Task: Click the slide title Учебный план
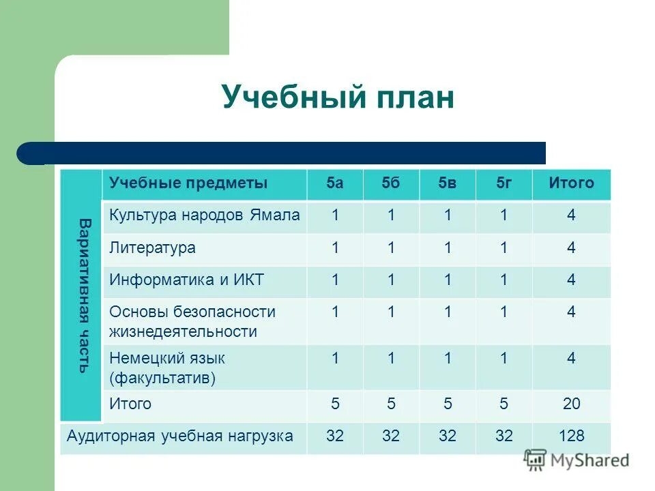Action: coord(338,98)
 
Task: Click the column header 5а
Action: coord(334,183)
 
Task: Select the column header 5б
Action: coord(391,183)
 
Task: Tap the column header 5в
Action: coord(448,183)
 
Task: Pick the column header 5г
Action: coord(504,183)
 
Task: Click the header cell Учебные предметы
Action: coord(188,183)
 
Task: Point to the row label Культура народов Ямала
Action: coord(204,215)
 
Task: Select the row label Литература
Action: coord(152,248)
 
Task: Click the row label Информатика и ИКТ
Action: coord(186,280)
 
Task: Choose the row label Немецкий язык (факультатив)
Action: coord(167,368)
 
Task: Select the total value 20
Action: coord(571,404)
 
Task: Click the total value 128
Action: coord(571,436)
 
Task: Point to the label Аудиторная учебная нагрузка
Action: coord(180,436)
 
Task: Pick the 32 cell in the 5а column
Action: coord(334,436)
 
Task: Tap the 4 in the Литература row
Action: coord(571,248)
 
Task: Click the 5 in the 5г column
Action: coord(504,404)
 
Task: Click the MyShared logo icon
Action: coord(536,460)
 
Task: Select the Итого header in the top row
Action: coord(571,183)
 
